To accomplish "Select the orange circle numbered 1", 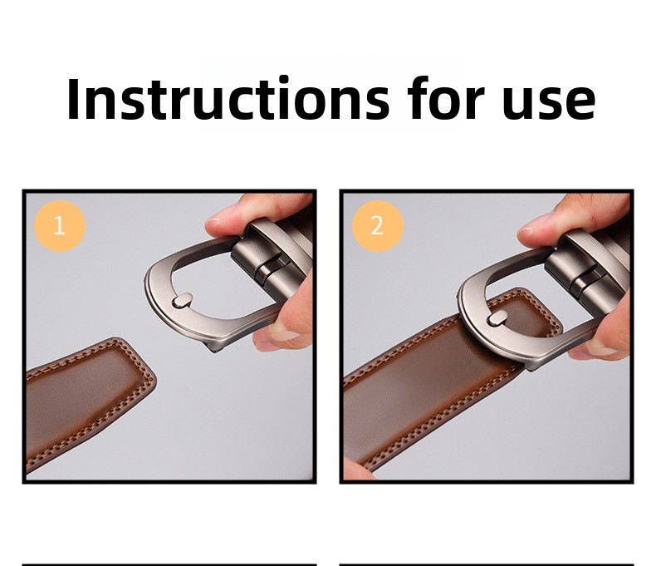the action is (60, 225).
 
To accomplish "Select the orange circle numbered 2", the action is (377, 225).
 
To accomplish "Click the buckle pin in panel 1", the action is (182, 301).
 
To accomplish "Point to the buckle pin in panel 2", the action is (497, 319).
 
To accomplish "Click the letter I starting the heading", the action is (73, 99).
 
